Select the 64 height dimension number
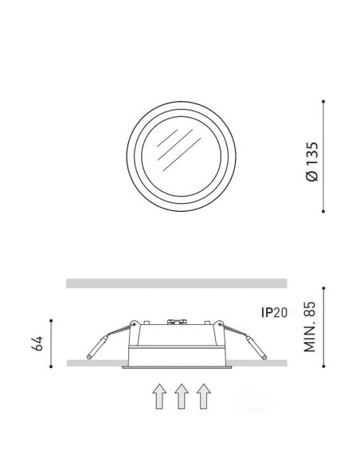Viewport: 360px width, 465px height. (x=35, y=342)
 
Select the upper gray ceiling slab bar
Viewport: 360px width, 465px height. (x=176, y=283)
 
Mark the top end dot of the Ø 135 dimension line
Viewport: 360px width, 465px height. (x=324, y=102)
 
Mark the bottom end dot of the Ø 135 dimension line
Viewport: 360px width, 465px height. (x=324, y=210)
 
